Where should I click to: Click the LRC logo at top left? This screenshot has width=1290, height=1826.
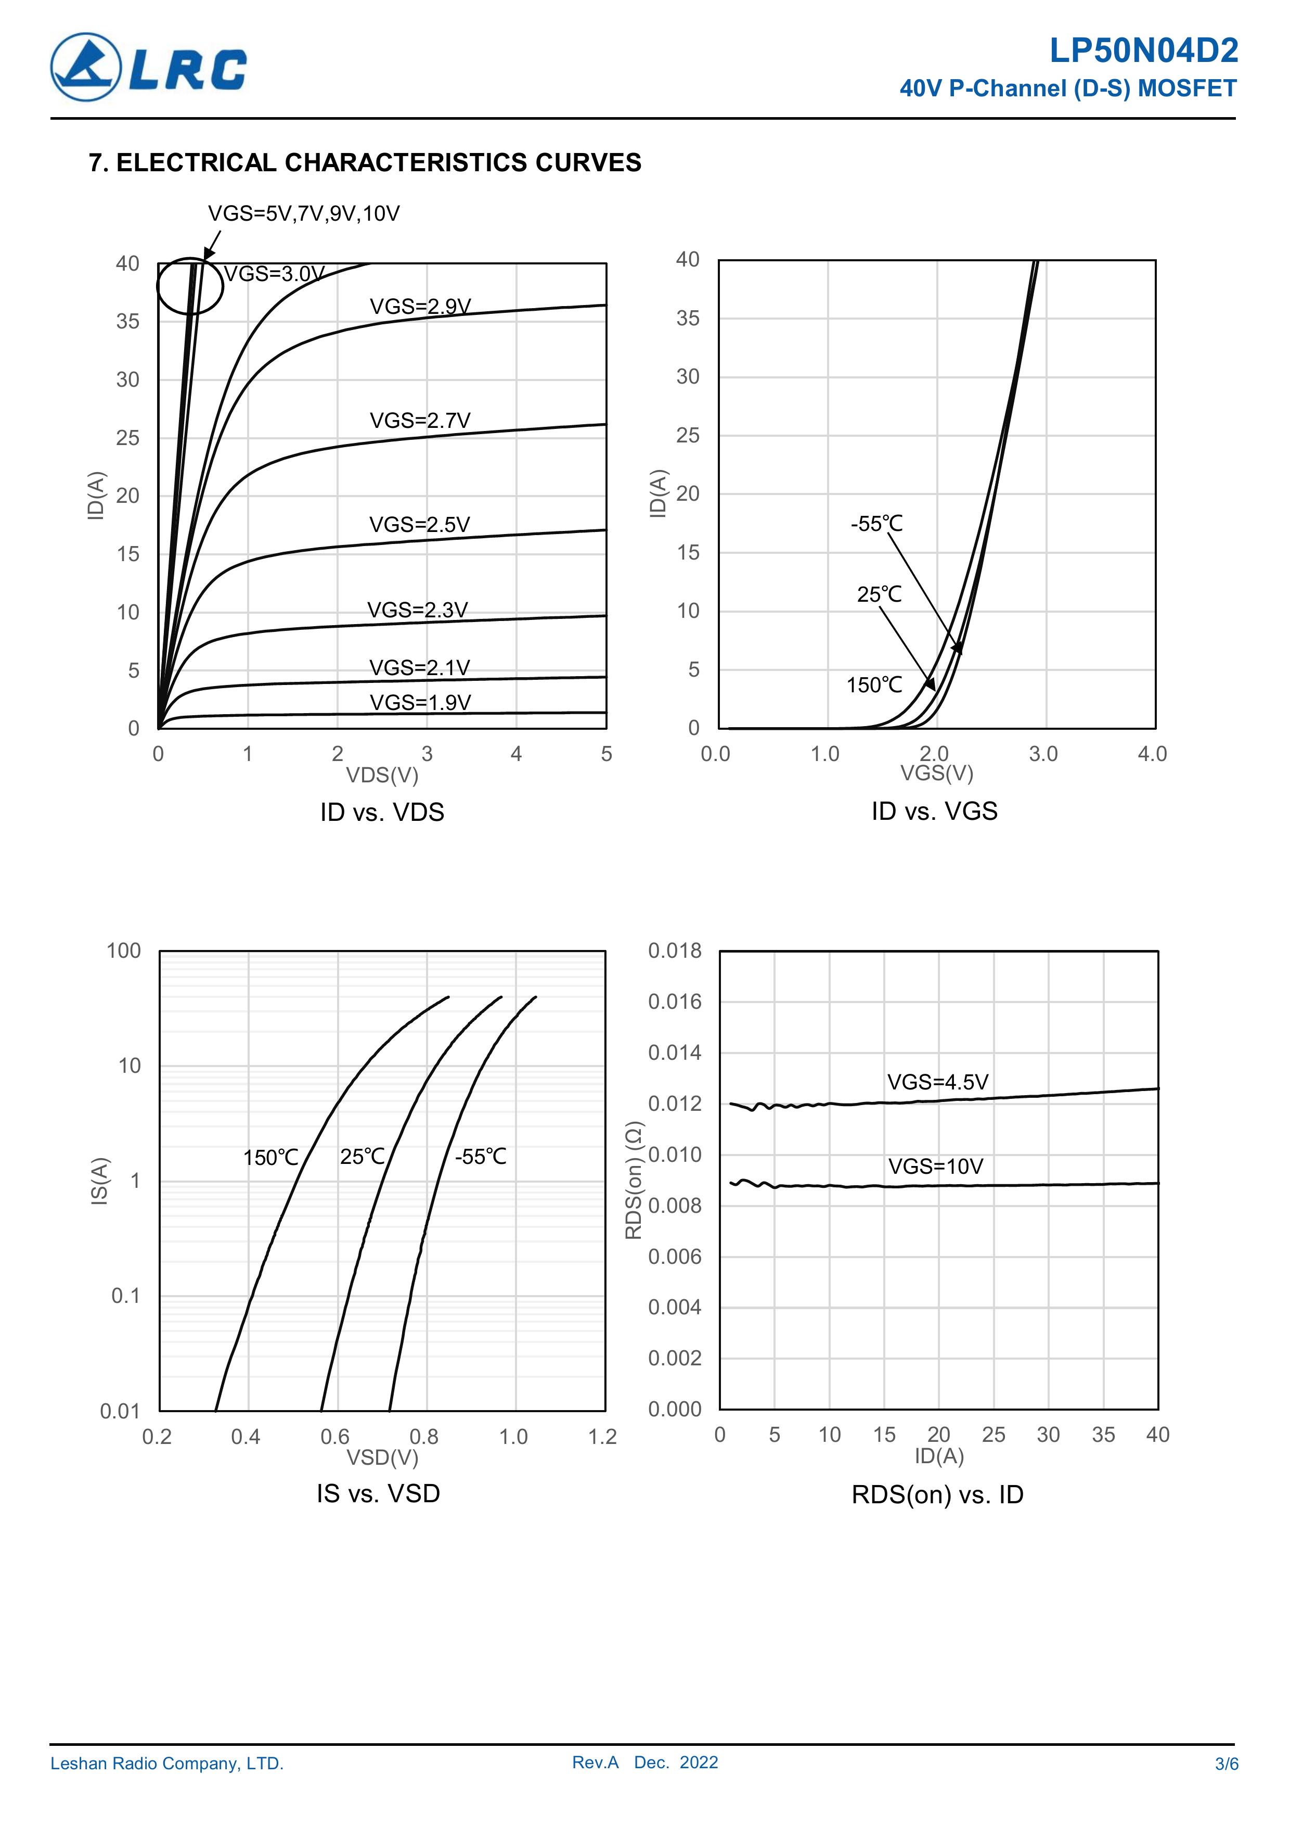(149, 68)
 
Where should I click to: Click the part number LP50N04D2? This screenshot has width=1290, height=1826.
(1143, 52)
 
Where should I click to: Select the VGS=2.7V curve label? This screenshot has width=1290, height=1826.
(420, 420)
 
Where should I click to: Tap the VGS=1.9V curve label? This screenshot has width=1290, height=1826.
(420, 702)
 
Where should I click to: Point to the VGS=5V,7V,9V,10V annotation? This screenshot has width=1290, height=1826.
(304, 213)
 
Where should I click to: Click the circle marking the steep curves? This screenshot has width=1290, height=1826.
(190, 286)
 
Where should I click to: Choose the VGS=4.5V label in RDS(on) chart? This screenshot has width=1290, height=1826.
(937, 1082)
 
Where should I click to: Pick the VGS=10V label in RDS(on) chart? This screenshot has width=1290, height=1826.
(935, 1166)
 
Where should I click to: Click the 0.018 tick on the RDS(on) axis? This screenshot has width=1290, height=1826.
(675, 950)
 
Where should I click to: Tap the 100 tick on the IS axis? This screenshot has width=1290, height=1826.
(123, 950)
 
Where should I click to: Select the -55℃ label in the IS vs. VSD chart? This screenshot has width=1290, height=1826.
(480, 1157)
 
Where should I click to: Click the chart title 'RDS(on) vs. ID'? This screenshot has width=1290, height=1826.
(937, 1494)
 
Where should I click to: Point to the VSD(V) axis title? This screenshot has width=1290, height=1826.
(381, 1458)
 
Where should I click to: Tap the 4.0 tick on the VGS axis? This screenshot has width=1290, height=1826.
(1152, 754)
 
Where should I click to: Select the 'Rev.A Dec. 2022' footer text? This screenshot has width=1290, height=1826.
(644, 1762)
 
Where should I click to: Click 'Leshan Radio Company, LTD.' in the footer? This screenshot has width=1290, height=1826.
(167, 1764)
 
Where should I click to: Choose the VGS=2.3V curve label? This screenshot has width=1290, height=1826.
(417, 610)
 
